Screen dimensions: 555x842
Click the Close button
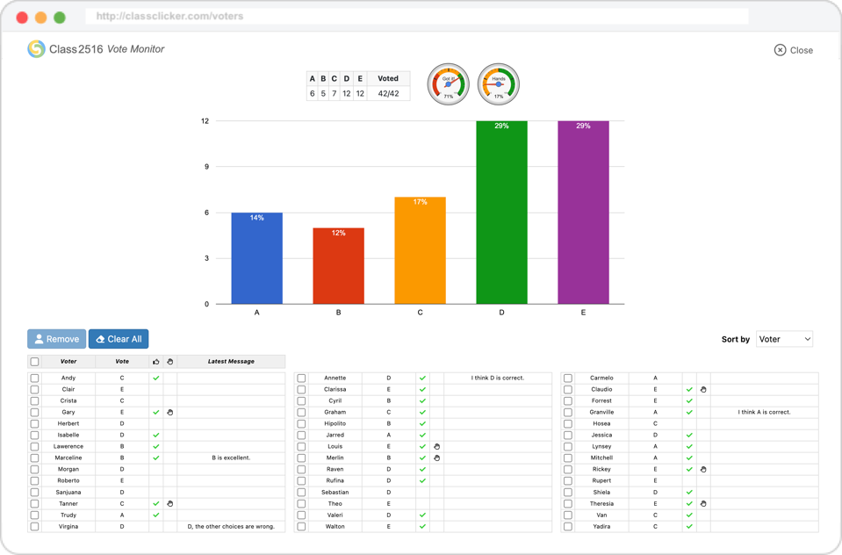[x=794, y=50]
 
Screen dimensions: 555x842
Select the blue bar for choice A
[x=257, y=258]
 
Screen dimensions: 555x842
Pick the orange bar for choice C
[x=420, y=250]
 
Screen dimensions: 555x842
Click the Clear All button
[x=119, y=339]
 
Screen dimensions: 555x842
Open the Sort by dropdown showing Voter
[x=784, y=339]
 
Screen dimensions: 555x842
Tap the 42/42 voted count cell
[x=388, y=94]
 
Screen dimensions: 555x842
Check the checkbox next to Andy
[x=35, y=378]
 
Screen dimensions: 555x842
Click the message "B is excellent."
[x=231, y=458]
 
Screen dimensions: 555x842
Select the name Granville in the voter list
[x=601, y=412]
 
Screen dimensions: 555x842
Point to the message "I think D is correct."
[x=497, y=378]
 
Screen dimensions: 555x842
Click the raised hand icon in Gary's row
[x=170, y=412]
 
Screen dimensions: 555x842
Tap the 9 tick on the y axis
[x=205, y=167]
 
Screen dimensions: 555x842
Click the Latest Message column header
[x=231, y=362]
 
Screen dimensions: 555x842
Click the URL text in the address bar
[x=170, y=17]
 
